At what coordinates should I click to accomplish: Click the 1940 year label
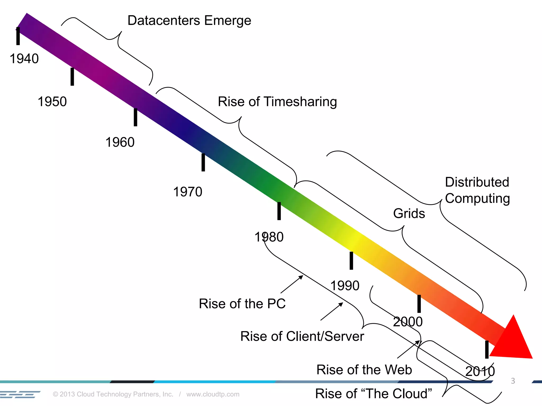click(x=24, y=58)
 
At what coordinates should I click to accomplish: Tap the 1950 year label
click(x=52, y=101)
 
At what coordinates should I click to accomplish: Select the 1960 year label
click(x=120, y=142)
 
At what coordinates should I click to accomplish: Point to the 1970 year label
click(x=188, y=192)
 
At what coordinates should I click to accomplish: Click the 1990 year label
click(x=345, y=285)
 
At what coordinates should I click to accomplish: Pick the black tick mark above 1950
click(x=72, y=77)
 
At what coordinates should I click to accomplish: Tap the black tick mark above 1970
click(x=203, y=162)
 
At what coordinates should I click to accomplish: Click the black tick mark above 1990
click(x=351, y=261)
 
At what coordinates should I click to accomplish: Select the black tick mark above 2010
click(x=487, y=349)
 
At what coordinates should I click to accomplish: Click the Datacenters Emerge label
click(x=189, y=21)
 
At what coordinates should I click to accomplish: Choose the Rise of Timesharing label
click(x=277, y=102)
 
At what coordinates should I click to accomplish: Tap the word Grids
click(x=409, y=213)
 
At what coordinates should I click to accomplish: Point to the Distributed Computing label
click(x=477, y=190)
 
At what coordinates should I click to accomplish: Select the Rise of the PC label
click(x=242, y=303)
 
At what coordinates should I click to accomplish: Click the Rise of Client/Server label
click(x=302, y=336)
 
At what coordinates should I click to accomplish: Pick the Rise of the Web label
click(x=364, y=370)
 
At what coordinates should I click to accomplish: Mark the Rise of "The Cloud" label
click(x=373, y=394)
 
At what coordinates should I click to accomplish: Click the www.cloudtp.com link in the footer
click(x=213, y=394)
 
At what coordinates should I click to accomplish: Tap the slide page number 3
click(x=513, y=381)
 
